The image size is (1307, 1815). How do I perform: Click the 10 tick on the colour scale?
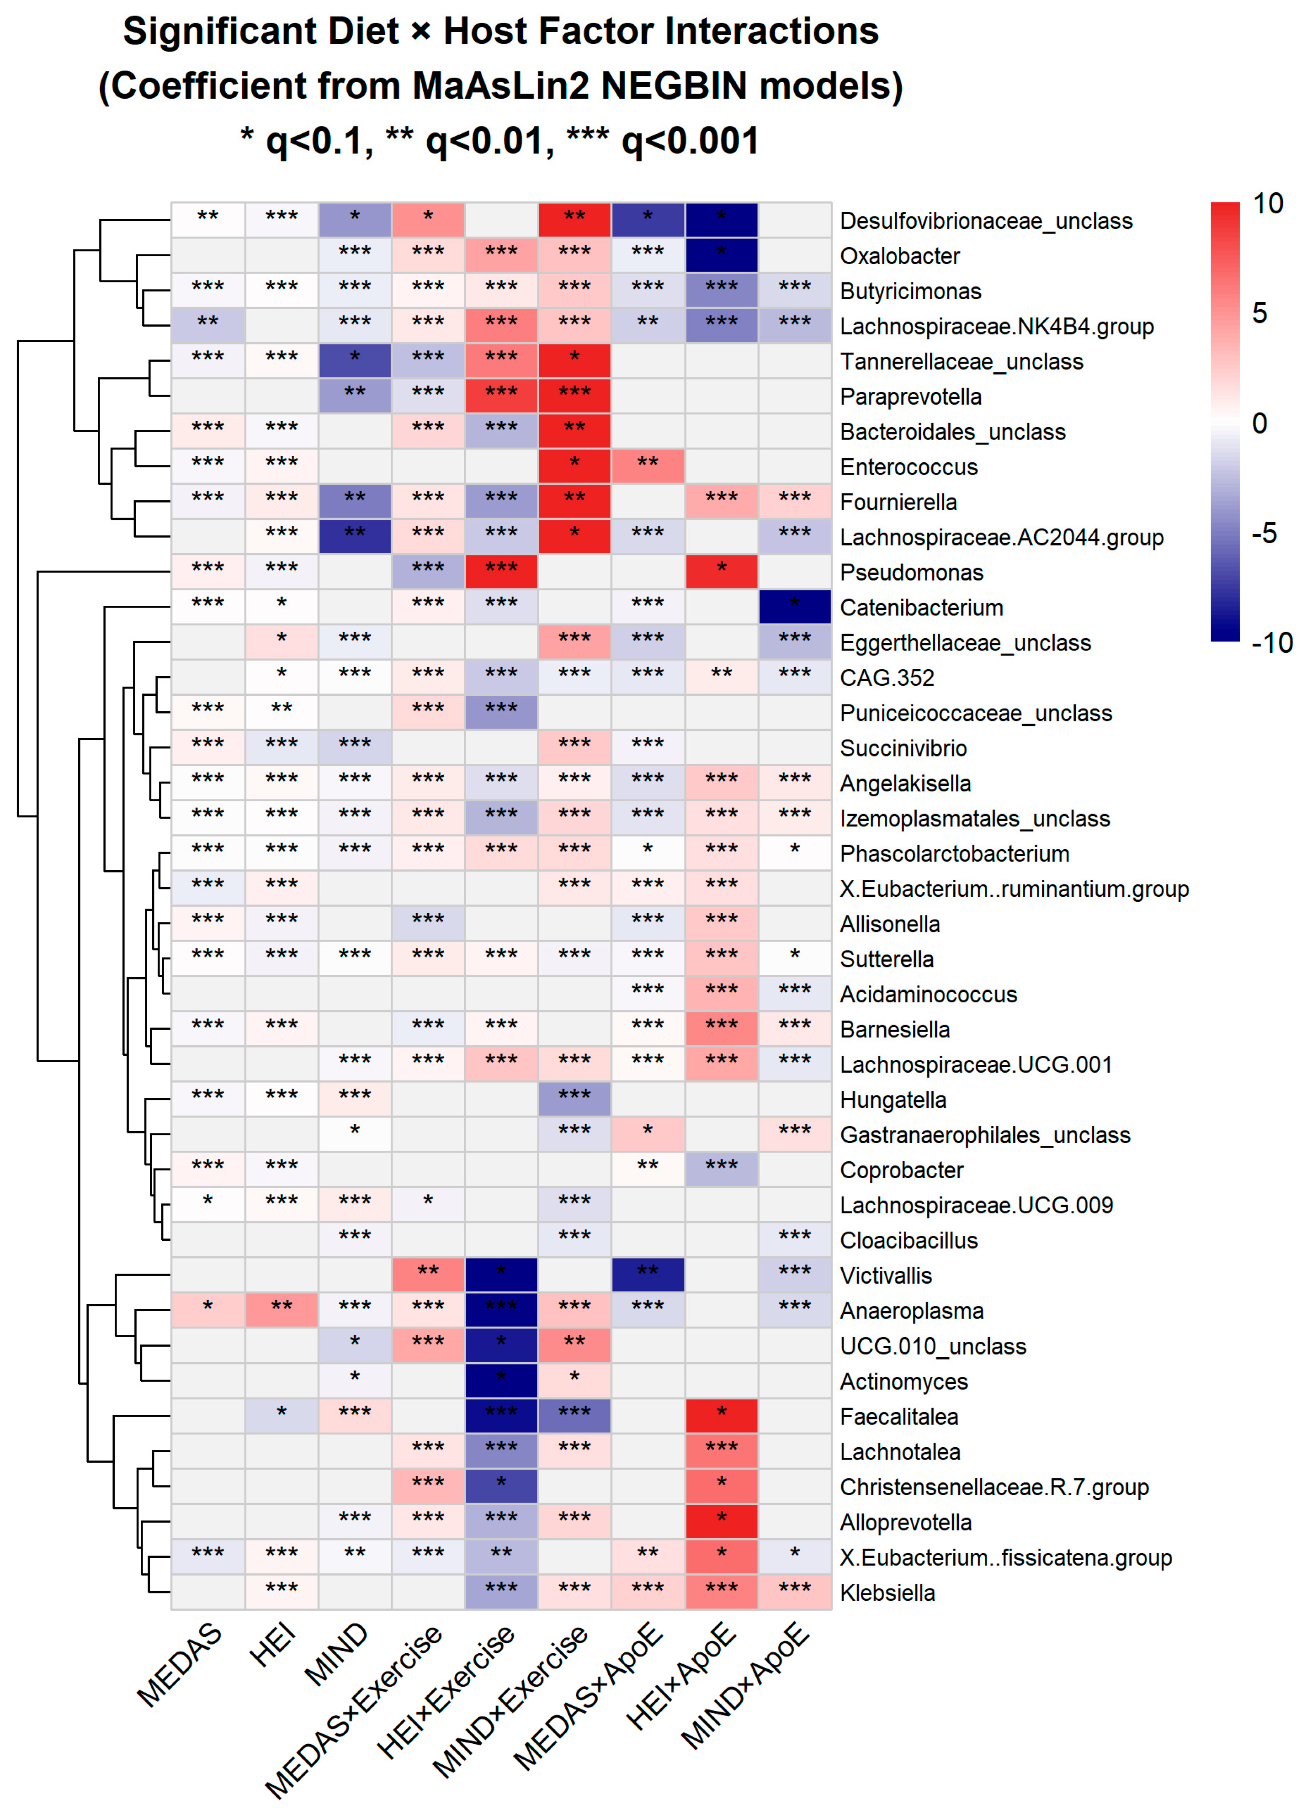pos(1267,204)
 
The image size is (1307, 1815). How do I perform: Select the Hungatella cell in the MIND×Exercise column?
pos(574,1099)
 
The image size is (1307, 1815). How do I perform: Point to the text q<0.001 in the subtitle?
pos(690,142)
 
